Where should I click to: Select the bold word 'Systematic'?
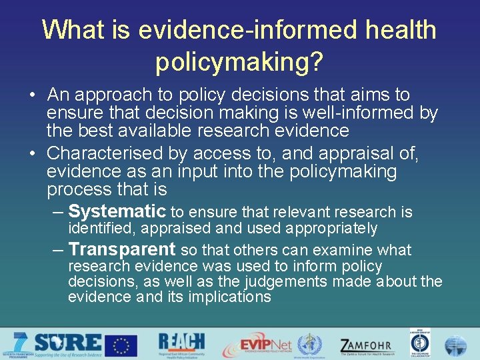(117, 212)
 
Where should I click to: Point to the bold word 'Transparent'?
(121, 249)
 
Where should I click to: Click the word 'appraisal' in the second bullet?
(359, 154)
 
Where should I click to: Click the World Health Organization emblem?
(309, 345)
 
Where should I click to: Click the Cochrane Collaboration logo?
(419, 344)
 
